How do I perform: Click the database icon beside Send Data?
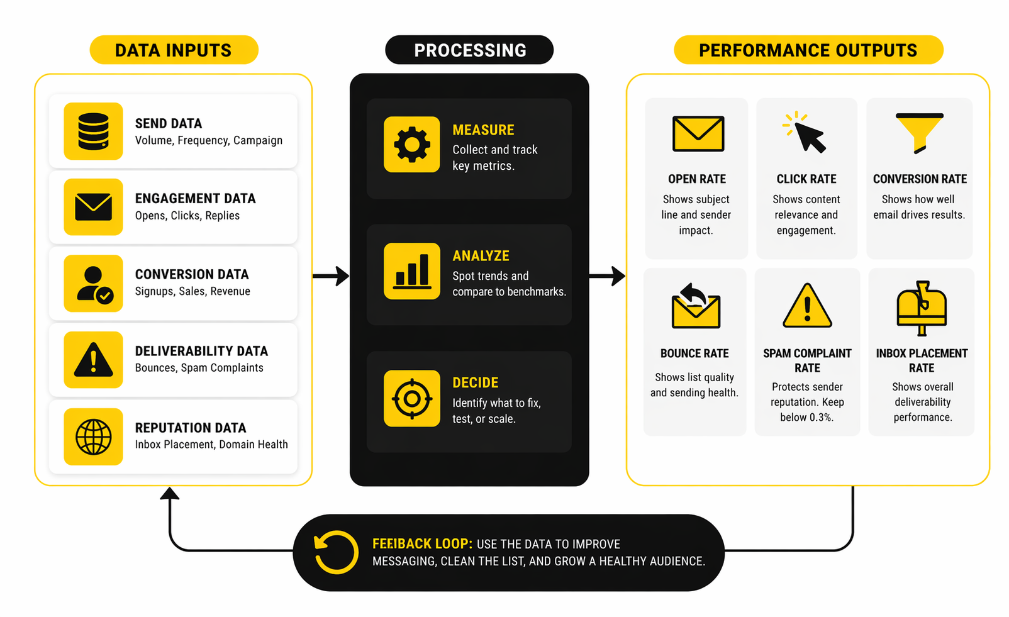click(x=93, y=131)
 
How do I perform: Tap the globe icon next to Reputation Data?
click(x=93, y=436)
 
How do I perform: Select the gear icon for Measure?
click(x=411, y=144)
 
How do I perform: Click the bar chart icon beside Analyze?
click(x=411, y=271)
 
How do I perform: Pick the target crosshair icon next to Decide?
click(x=411, y=398)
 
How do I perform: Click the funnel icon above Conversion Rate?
click(x=919, y=132)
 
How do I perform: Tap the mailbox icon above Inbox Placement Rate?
click(x=921, y=306)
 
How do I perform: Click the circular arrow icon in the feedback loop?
click(x=336, y=552)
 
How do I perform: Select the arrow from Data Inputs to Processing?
click(x=331, y=275)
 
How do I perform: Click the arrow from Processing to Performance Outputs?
click(x=607, y=275)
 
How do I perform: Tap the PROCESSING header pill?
click(x=469, y=50)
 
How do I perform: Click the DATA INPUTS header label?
click(x=174, y=50)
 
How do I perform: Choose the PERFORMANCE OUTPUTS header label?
click(x=808, y=50)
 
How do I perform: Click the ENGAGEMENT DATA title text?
click(x=195, y=199)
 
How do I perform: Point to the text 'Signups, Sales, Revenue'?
click(x=192, y=291)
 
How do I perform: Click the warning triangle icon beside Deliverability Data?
click(x=93, y=360)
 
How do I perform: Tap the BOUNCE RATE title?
click(x=694, y=353)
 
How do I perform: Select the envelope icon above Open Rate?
click(x=698, y=133)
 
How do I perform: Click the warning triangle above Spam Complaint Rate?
click(x=807, y=306)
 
